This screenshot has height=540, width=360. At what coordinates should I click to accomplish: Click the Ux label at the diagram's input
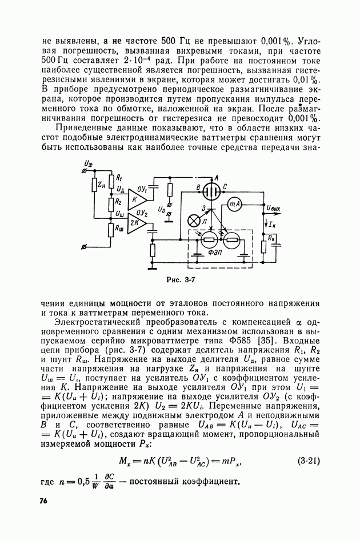(87, 164)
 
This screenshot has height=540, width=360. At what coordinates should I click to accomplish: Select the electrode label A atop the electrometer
(215, 177)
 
